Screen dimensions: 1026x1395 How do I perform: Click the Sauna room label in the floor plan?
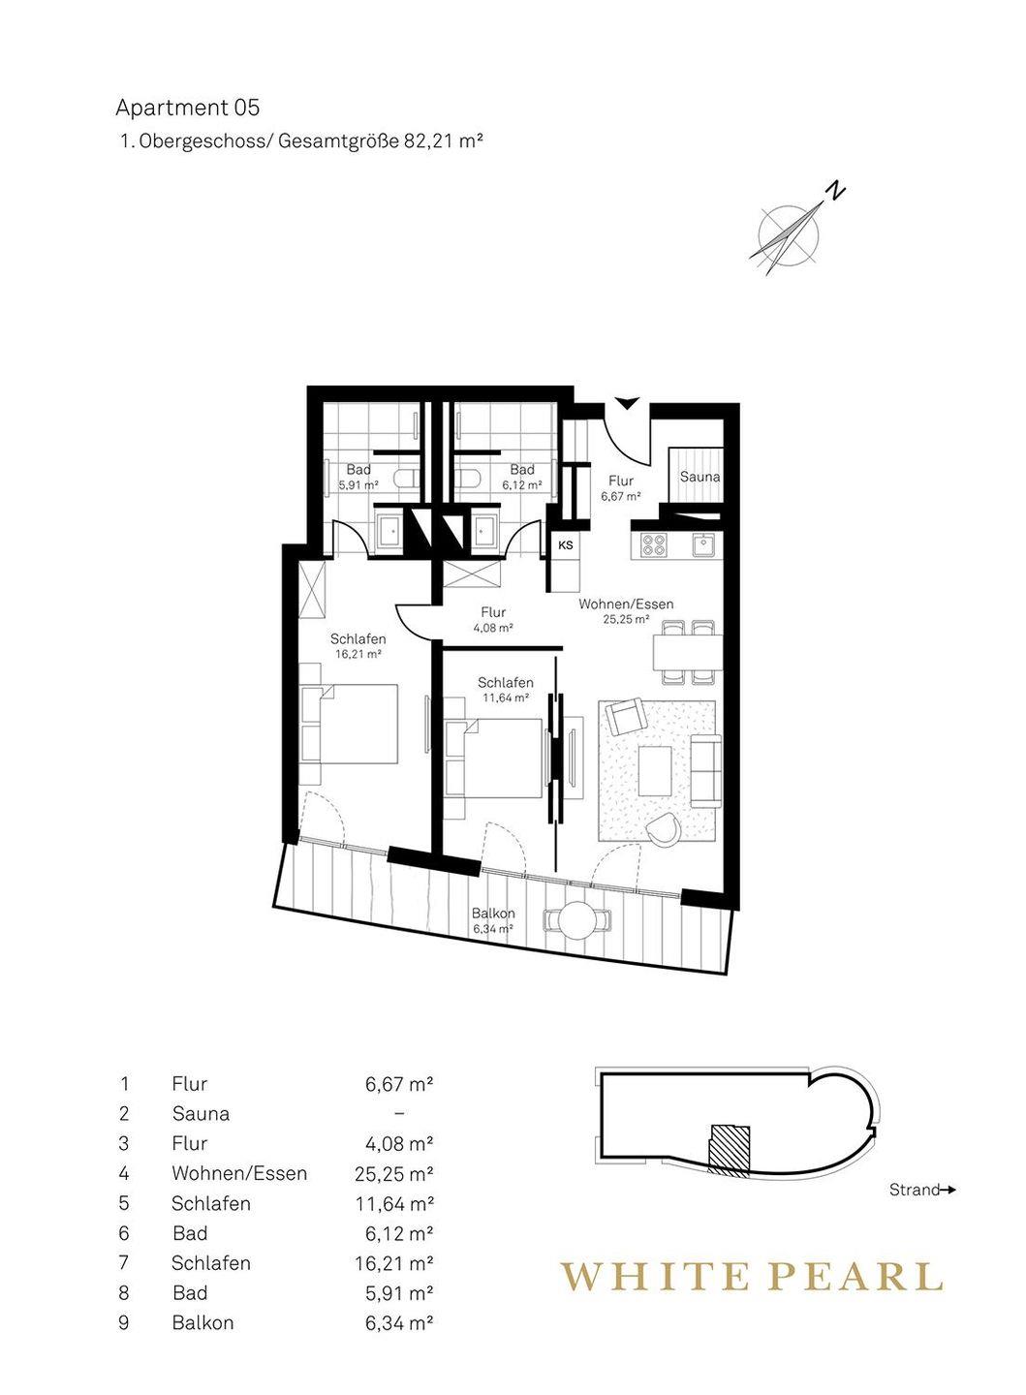tap(700, 477)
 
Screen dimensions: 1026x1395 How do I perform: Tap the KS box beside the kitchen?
tap(566, 545)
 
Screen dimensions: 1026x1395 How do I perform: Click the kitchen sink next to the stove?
tap(705, 544)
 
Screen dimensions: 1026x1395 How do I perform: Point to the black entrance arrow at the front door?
tap(627, 403)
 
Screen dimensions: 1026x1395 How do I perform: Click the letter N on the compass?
tap(837, 189)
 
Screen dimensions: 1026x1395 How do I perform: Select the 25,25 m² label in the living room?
tap(626, 619)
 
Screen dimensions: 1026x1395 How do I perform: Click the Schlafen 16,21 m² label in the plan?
tap(358, 646)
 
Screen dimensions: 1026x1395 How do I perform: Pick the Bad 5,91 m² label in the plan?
tap(358, 476)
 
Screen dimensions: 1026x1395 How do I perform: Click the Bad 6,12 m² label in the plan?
tap(521, 476)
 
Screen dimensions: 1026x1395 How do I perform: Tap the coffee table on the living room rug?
tap(655, 770)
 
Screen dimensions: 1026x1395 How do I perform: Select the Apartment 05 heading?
tap(187, 108)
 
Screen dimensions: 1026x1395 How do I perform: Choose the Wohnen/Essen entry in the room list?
tap(240, 1172)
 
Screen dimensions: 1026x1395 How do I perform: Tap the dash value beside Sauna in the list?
tap(399, 1113)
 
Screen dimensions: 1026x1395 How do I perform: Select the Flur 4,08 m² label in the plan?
tap(493, 620)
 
